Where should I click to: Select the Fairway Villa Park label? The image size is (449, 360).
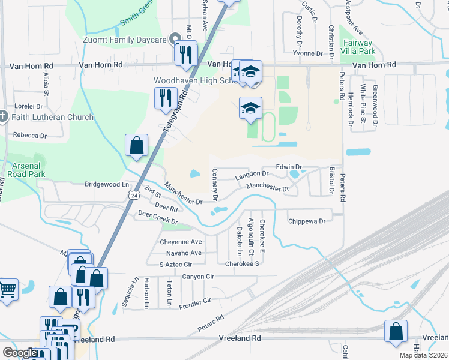pyautogui.click(x=357, y=47)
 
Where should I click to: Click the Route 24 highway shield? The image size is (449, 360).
pyautogui.click(x=134, y=195)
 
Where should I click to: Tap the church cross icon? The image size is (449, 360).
pyautogui.click(x=2, y=116)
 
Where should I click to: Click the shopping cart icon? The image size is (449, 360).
pyautogui.click(x=7, y=290)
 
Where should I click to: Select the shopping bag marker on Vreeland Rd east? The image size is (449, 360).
pyautogui.click(x=396, y=331)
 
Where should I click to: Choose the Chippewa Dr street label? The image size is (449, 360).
pyautogui.click(x=306, y=221)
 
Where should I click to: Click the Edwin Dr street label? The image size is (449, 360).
pyautogui.click(x=288, y=167)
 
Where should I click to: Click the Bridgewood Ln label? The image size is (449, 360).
pyautogui.click(x=107, y=184)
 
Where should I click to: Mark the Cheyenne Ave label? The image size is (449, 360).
pyautogui.click(x=181, y=242)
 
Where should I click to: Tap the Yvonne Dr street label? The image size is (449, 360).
pyautogui.click(x=307, y=53)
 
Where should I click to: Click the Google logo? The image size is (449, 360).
pyautogui.click(x=20, y=353)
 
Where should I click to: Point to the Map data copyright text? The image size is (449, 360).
pyautogui.click(x=423, y=355)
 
